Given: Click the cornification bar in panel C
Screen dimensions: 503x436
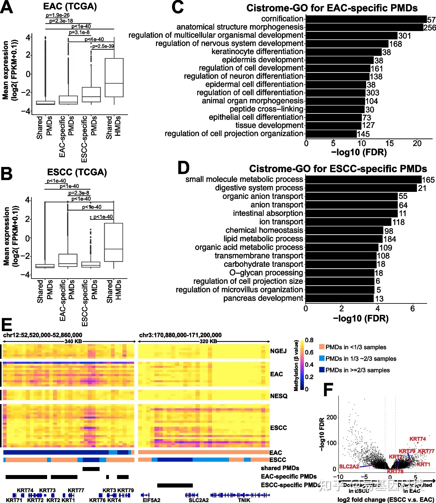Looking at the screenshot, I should click(366, 19).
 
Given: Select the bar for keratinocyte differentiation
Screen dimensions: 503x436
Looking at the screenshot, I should click(344, 52).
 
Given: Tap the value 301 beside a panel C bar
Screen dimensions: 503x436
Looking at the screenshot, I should click(405, 36).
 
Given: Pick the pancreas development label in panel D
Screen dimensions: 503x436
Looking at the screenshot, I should click(263, 298).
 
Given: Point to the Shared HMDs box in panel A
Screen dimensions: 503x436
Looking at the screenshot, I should click(114, 77).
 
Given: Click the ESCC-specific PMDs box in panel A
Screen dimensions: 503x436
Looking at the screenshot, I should click(91, 95).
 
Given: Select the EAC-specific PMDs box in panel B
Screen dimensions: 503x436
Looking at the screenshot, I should click(68, 260).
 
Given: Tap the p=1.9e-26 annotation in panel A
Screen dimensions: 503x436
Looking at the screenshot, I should click(58, 15).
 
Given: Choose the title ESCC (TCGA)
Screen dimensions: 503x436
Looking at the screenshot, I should click(77, 172).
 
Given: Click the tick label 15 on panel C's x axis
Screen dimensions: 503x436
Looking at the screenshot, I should click(389, 143).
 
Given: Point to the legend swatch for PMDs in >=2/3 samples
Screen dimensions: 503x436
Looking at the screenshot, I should click(322, 370).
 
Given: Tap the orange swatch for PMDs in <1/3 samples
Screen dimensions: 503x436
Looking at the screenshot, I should click(322, 347).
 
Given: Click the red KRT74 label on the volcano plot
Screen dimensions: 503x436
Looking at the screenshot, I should click(417, 439).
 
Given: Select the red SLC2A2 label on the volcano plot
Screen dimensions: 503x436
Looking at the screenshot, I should click(349, 466).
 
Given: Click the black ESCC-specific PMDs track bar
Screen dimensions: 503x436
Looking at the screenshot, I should click(175, 485).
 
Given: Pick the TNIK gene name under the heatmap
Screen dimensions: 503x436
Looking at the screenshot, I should click(244, 500).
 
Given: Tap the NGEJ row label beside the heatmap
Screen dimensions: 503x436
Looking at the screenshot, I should click(278, 351).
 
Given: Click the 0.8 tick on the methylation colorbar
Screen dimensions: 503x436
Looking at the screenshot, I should click(309, 340).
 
